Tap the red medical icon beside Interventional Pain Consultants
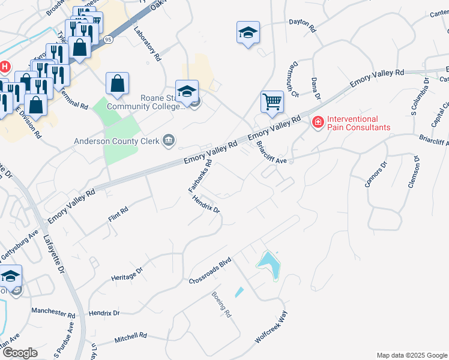coord(317,122)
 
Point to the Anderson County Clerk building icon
coord(169,141)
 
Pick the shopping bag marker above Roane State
coord(118,84)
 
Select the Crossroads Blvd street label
coord(210,272)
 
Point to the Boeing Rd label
coord(221,304)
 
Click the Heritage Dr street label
coord(127,274)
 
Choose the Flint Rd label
coord(118,215)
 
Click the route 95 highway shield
coord(108,39)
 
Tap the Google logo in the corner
coord(19,353)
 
